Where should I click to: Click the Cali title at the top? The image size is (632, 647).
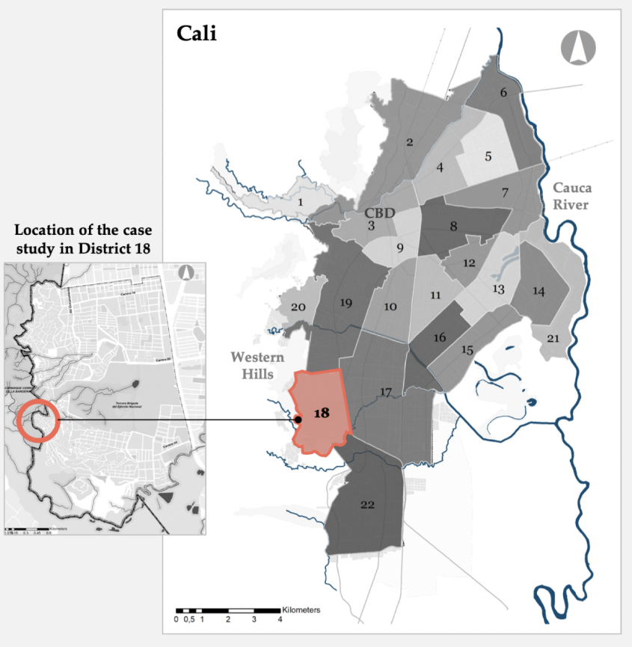tap(197, 34)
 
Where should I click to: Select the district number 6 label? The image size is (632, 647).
tap(503, 93)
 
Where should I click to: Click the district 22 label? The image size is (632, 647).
tap(366, 505)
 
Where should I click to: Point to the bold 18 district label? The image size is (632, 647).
tap(322, 413)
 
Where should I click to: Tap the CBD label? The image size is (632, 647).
tap(380, 213)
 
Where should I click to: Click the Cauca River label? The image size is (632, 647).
tap(572, 197)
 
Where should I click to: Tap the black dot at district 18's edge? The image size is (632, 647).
tap(298, 420)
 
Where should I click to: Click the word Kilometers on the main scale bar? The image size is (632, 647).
tap(301, 610)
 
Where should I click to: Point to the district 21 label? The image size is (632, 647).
tap(553, 339)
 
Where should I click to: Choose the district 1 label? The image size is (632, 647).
tap(300, 202)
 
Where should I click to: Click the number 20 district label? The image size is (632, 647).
tap(298, 307)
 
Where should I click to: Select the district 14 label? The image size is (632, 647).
tap(539, 291)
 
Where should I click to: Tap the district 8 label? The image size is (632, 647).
tap(453, 225)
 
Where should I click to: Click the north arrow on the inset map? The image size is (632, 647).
tap(185, 273)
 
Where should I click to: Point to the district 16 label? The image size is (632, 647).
tap(440, 338)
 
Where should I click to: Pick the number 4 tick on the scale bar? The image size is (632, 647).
tap(280, 619)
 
